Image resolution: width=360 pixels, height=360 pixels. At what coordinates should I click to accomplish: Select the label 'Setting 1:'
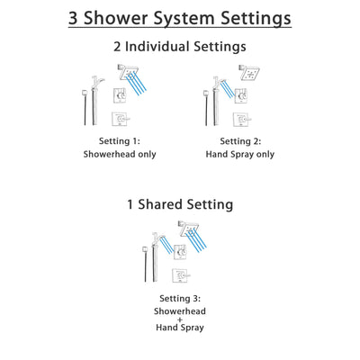pyautogui.click(x=119, y=140)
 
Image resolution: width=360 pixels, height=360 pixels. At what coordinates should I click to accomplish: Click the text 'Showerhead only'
pyautogui.click(x=119, y=154)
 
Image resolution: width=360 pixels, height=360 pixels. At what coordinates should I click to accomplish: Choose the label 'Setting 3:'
pyautogui.click(x=180, y=296)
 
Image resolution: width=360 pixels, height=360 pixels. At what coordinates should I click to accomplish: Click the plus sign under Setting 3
pyautogui.click(x=180, y=322)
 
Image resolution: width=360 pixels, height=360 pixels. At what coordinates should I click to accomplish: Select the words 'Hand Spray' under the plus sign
pyautogui.click(x=180, y=335)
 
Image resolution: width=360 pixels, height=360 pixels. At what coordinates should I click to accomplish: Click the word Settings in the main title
pyautogui.click(x=253, y=18)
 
